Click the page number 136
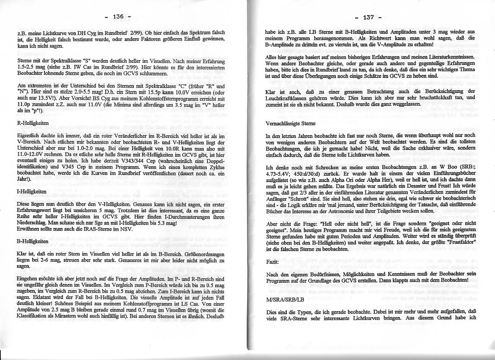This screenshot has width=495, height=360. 117,17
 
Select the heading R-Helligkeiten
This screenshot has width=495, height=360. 27,123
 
